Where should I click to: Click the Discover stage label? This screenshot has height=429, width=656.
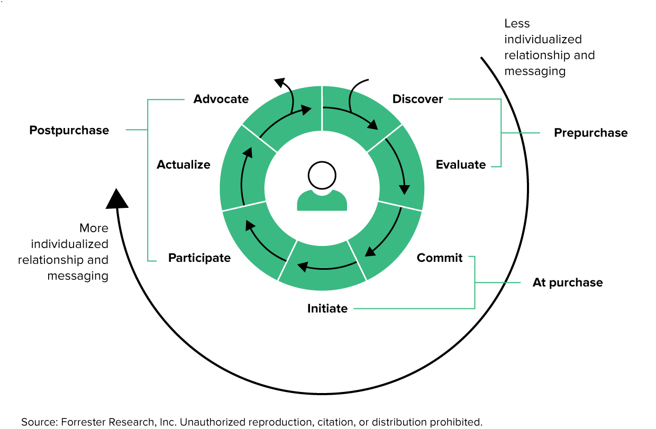417,99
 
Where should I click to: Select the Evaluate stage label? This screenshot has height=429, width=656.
460,165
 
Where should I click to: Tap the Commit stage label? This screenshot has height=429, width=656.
440,258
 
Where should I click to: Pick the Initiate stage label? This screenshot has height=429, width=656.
327,308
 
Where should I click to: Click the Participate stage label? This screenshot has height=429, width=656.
199,258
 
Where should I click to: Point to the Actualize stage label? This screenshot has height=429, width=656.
184,165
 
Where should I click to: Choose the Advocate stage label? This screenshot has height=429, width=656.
221,99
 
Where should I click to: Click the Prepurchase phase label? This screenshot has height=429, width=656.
590,133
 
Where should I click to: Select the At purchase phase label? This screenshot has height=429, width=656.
567,282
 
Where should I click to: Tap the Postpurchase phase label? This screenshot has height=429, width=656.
69,130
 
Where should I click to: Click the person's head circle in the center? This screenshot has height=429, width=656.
322,176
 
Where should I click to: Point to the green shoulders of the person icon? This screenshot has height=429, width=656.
322,202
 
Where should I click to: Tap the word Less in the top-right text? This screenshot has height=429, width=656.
517,23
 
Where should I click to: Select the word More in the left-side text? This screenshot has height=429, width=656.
94,228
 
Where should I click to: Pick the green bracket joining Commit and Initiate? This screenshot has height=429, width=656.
475,282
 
